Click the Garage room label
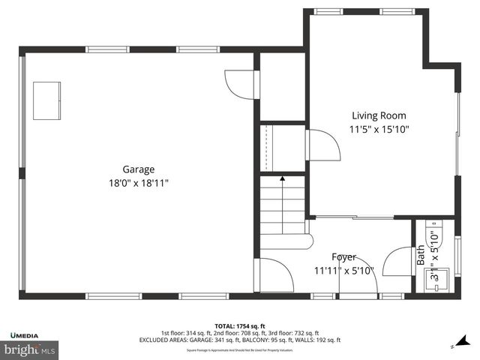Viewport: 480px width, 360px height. [139, 169]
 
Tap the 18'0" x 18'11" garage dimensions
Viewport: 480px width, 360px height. [139, 182]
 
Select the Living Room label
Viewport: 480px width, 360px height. [379, 115]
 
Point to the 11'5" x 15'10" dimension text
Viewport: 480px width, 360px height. [379, 129]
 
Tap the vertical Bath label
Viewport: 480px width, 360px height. [421, 255]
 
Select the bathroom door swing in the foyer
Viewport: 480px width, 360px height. [395, 262]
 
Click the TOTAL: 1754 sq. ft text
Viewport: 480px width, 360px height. [239, 325]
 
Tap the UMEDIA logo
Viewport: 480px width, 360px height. [25, 334]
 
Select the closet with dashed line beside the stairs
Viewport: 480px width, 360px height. [282, 148]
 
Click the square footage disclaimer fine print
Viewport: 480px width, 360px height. [239, 349]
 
